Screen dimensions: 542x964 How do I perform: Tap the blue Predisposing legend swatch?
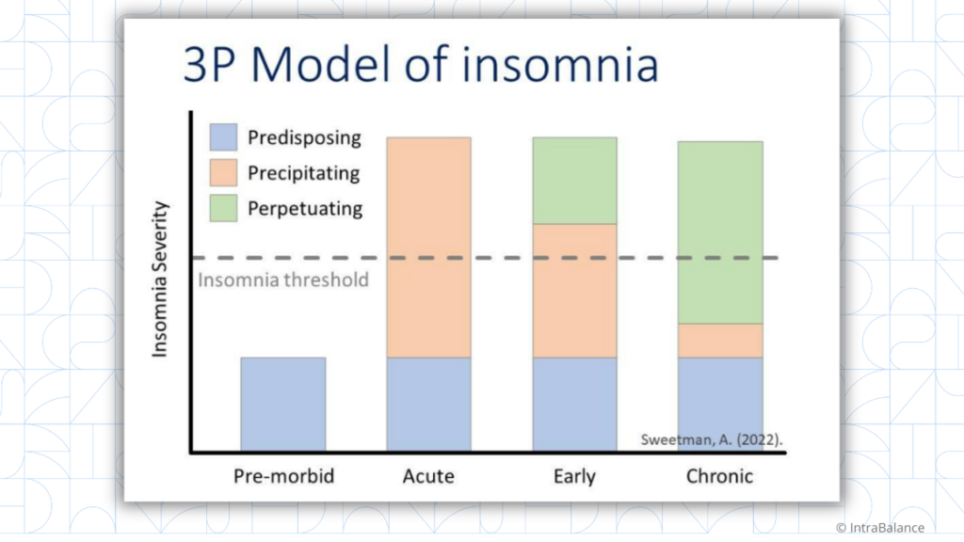click(x=225, y=138)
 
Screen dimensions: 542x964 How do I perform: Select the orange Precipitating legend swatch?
click(x=225, y=173)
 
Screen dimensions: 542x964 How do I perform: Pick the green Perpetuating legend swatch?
click(x=225, y=208)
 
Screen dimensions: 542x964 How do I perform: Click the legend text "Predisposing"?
click(x=304, y=138)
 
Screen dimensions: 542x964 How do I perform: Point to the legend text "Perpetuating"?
click(x=305, y=208)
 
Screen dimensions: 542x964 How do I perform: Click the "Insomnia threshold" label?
click(x=283, y=279)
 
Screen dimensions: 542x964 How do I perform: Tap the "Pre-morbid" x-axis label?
click(x=283, y=476)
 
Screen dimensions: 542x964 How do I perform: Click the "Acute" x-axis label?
click(x=428, y=476)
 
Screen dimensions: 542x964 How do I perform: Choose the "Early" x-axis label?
click(x=574, y=476)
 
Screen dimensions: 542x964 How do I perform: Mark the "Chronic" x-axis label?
click(x=719, y=476)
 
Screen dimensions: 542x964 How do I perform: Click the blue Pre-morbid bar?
click(x=283, y=405)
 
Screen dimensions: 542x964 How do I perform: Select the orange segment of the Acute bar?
click(x=428, y=247)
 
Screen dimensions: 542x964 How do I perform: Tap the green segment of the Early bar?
click(x=574, y=180)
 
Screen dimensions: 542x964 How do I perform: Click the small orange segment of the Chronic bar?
click(x=719, y=340)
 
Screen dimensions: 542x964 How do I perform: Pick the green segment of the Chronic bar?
click(x=719, y=231)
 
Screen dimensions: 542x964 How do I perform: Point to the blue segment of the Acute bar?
click(x=428, y=405)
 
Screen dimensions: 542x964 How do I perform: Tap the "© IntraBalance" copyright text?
click(x=879, y=528)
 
